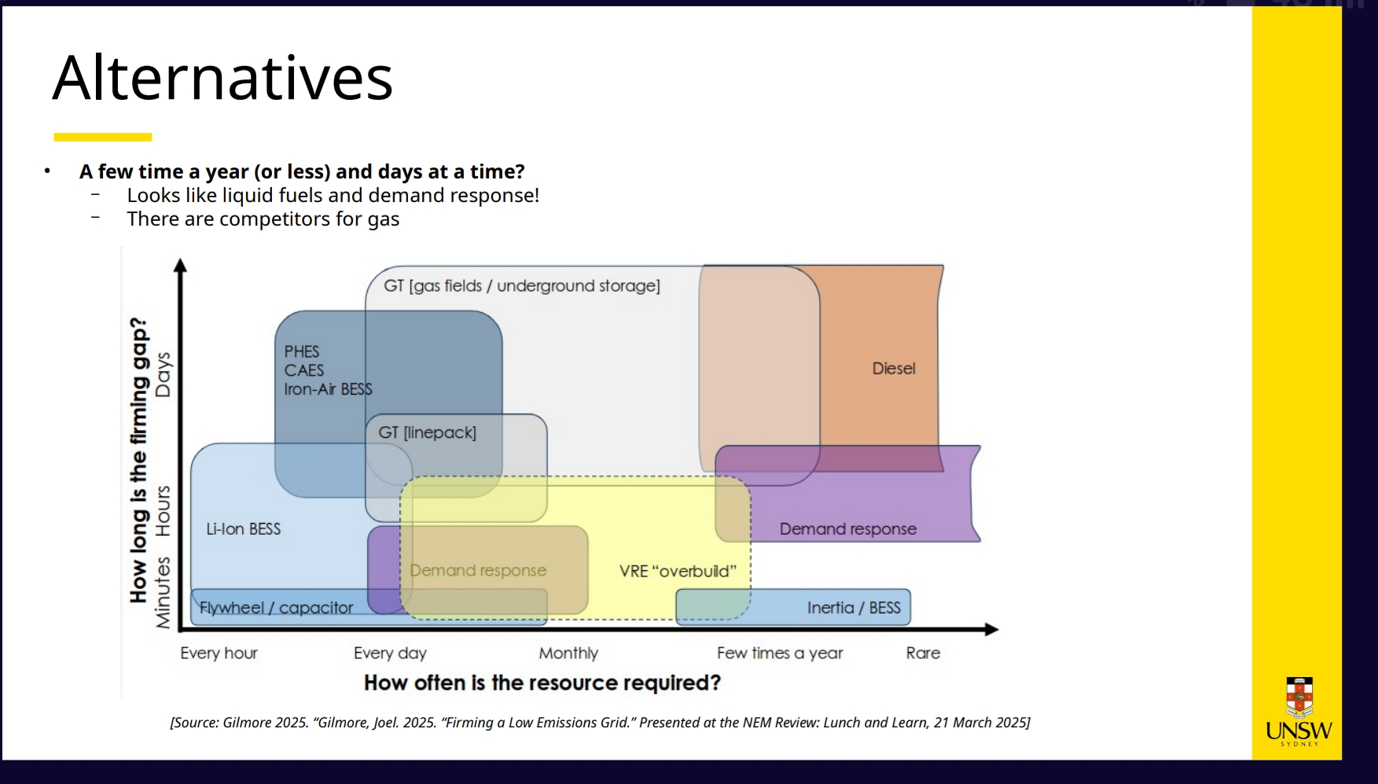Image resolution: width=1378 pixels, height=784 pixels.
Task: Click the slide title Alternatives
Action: (x=222, y=78)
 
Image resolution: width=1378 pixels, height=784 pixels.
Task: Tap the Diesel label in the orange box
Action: (x=894, y=368)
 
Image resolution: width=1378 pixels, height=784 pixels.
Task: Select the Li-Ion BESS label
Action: (x=243, y=529)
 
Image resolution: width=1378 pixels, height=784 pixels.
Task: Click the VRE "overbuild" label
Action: (x=678, y=571)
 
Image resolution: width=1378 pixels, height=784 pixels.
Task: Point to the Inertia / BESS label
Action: (x=854, y=608)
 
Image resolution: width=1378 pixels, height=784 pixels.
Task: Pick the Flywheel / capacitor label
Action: (x=276, y=608)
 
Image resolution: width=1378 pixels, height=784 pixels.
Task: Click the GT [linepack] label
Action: (x=427, y=432)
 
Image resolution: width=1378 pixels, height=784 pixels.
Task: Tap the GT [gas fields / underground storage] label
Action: (x=522, y=285)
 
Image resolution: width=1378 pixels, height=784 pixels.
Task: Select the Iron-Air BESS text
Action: (x=328, y=389)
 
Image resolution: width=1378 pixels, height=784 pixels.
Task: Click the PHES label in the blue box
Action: (x=302, y=352)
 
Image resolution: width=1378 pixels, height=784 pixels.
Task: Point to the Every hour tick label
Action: (x=219, y=653)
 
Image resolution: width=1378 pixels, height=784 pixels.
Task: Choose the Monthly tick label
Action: (x=568, y=653)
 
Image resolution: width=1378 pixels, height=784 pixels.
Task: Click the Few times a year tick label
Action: (x=780, y=653)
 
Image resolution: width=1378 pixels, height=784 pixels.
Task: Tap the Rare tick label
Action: (x=923, y=653)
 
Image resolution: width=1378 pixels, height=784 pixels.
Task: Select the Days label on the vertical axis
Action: (x=163, y=374)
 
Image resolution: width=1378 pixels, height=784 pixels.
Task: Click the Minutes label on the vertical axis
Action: (x=163, y=593)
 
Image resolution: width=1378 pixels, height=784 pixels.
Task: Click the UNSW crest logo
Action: (x=1299, y=698)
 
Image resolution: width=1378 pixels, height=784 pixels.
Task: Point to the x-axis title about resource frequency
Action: (x=542, y=683)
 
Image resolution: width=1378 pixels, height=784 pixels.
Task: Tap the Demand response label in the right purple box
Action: (x=848, y=529)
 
